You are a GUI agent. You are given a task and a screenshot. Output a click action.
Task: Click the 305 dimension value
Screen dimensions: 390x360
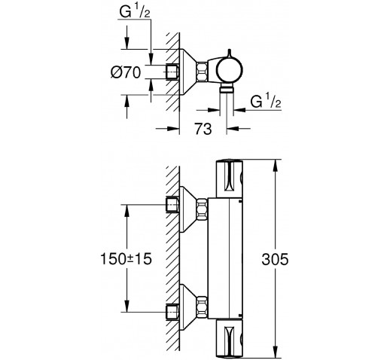275,259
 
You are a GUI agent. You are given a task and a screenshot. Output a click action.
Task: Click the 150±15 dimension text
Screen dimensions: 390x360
126,258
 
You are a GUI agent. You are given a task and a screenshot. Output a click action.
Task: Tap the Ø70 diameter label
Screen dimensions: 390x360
126,72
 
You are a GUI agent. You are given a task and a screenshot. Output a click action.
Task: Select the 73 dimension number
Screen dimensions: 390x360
203,129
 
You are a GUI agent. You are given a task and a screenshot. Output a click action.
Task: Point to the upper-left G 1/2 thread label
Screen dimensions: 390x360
135,11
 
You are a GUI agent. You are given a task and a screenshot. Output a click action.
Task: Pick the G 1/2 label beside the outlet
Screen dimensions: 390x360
266,100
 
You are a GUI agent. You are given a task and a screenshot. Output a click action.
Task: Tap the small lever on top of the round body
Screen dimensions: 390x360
230,53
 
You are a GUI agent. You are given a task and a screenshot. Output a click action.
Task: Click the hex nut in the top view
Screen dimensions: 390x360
202,72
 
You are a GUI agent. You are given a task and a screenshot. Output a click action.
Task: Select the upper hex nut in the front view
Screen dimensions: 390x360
203,209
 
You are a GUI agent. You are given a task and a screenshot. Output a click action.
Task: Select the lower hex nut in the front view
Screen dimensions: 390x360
203,307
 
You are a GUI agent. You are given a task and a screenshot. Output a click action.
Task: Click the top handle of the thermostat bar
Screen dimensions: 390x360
230,178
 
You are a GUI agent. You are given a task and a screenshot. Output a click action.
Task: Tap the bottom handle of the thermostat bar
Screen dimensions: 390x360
230,338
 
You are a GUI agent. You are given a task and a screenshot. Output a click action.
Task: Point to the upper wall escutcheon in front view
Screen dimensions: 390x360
188,209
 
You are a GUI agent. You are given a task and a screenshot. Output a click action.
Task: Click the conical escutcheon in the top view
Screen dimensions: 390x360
188,72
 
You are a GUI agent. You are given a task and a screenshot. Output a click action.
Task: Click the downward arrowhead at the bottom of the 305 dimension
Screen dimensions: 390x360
276,350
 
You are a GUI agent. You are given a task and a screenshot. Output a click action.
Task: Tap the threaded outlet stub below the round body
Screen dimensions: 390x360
227,88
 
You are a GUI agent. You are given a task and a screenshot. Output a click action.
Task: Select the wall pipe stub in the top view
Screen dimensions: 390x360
172,72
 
